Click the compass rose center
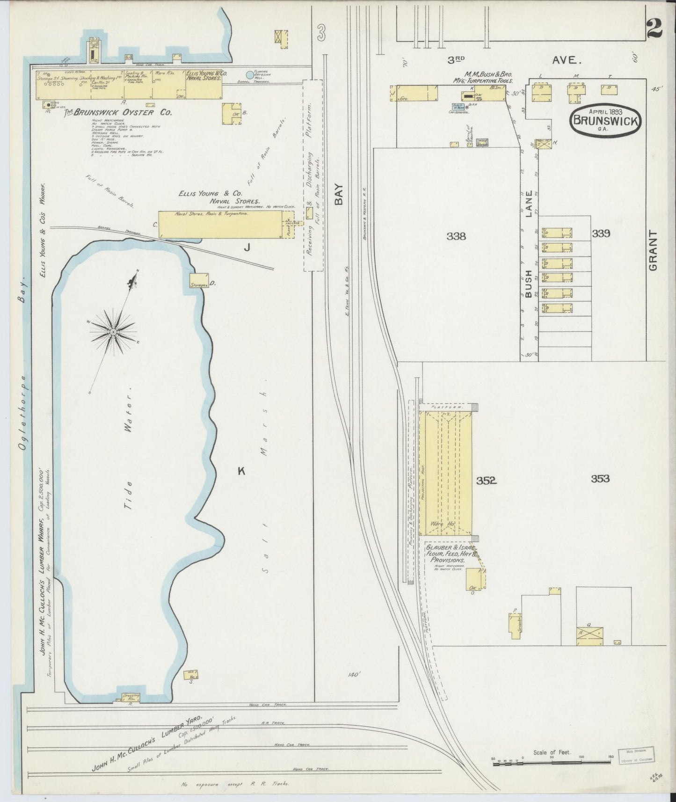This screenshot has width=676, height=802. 112,332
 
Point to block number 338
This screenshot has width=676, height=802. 456,236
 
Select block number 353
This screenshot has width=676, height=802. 600,479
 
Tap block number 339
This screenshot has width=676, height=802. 601,233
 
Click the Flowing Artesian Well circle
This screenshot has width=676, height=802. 250,74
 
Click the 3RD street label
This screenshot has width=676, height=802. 456,60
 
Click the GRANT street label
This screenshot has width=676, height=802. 653,250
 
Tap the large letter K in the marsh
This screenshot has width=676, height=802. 241,471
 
